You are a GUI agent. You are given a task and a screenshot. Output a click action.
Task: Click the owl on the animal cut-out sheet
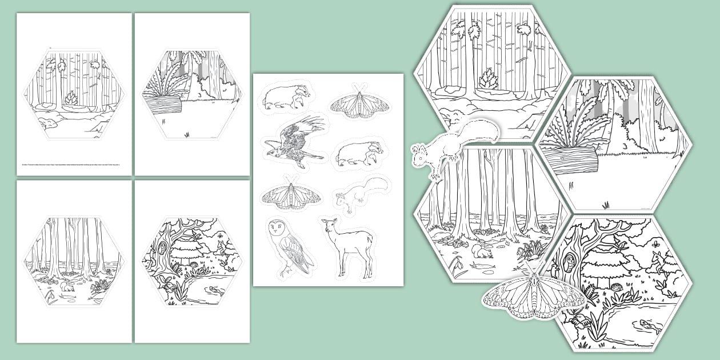290,246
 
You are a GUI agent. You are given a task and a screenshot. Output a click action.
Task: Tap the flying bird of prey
295,141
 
